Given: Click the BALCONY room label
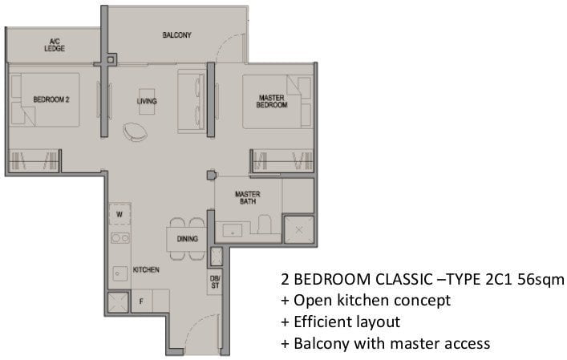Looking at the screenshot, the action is pyautogui.click(x=176, y=35).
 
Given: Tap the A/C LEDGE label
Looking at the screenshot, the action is pyautogui.click(x=55, y=45).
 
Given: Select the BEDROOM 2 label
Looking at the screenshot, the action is pyautogui.click(x=51, y=99).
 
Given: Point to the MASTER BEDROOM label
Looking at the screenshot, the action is pyautogui.click(x=272, y=101).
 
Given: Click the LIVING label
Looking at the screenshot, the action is pyautogui.click(x=147, y=101).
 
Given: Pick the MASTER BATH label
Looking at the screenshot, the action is pyautogui.click(x=248, y=198).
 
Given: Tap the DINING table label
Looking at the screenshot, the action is pyautogui.click(x=188, y=239).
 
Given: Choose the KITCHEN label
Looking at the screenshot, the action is pyautogui.click(x=146, y=269).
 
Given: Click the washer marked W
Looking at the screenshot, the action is pyautogui.click(x=119, y=214).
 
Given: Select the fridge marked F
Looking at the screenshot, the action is pyautogui.click(x=141, y=301).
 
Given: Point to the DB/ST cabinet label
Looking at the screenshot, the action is pyautogui.click(x=215, y=282).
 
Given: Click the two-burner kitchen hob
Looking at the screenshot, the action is pyautogui.click(x=120, y=238).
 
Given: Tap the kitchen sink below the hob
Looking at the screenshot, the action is pyautogui.click(x=119, y=273).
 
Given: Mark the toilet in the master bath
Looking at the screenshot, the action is pyautogui.click(x=265, y=224).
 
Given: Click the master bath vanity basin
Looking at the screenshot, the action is pyautogui.click(x=233, y=231).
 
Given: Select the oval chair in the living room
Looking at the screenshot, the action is pyautogui.click(x=136, y=131).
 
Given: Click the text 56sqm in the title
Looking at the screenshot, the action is pyautogui.click(x=541, y=280).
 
